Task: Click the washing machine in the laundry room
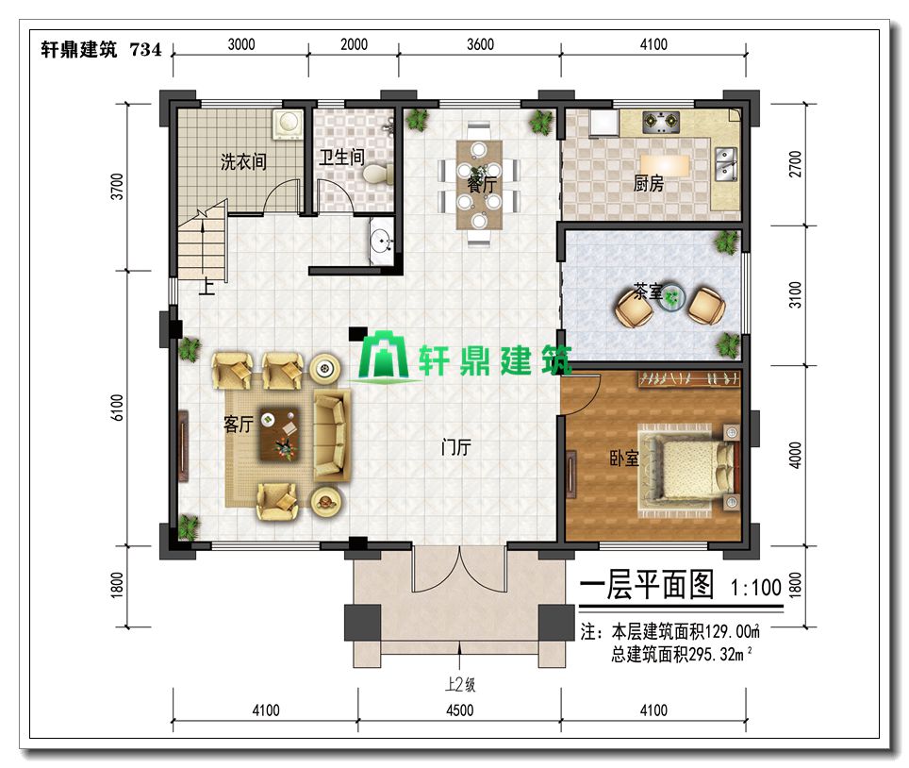[x=289, y=124]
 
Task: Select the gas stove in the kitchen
[x=661, y=121]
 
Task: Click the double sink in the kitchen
[x=726, y=163]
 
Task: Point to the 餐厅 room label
[x=482, y=185]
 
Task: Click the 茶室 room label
[x=648, y=291]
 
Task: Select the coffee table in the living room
[x=279, y=434]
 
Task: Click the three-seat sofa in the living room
[x=332, y=434]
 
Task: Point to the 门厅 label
[x=456, y=446]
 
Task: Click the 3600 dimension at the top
[x=481, y=44]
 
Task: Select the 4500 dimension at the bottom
[x=460, y=710]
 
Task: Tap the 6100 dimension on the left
[x=117, y=408]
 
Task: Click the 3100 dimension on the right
[x=796, y=294]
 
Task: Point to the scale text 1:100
[x=756, y=587]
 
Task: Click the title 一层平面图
[x=647, y=584]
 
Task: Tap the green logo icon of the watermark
[x=383, y=356]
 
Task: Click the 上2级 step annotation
[x=460, y=685]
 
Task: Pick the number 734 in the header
[x=146, y=50]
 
